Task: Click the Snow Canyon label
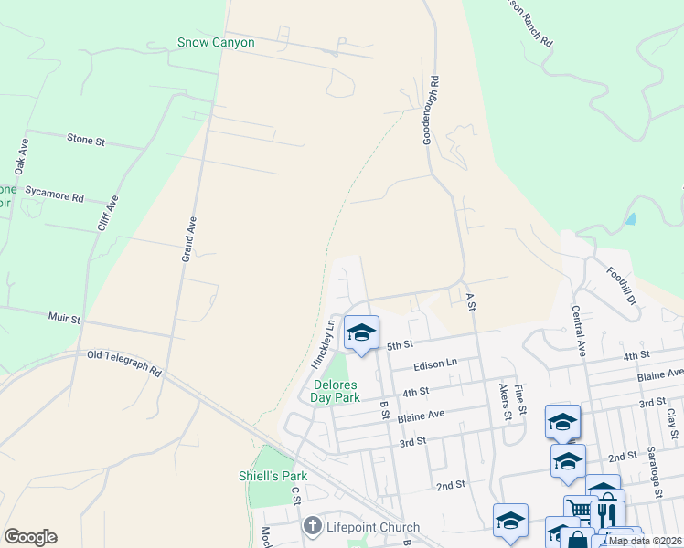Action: pyautogui.click(x=216, y=42)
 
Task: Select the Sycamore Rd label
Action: pyautogui.click(x=55, y=195)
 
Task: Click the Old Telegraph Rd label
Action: pyautogui.click(x=124, y=364)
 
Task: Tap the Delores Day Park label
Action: pyautogui.click(x=328, y=391)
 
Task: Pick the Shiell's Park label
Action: pyautogui.click(x=273, y=476)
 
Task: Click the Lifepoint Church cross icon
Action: pyautogui.click(x=312, y=527)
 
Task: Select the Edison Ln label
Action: pyautogui.click(x=435, y=364)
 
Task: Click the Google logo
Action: pyautogui.click(x=30, y=537)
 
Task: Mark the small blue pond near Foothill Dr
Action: pyautogui.click(x=631, y=220)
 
